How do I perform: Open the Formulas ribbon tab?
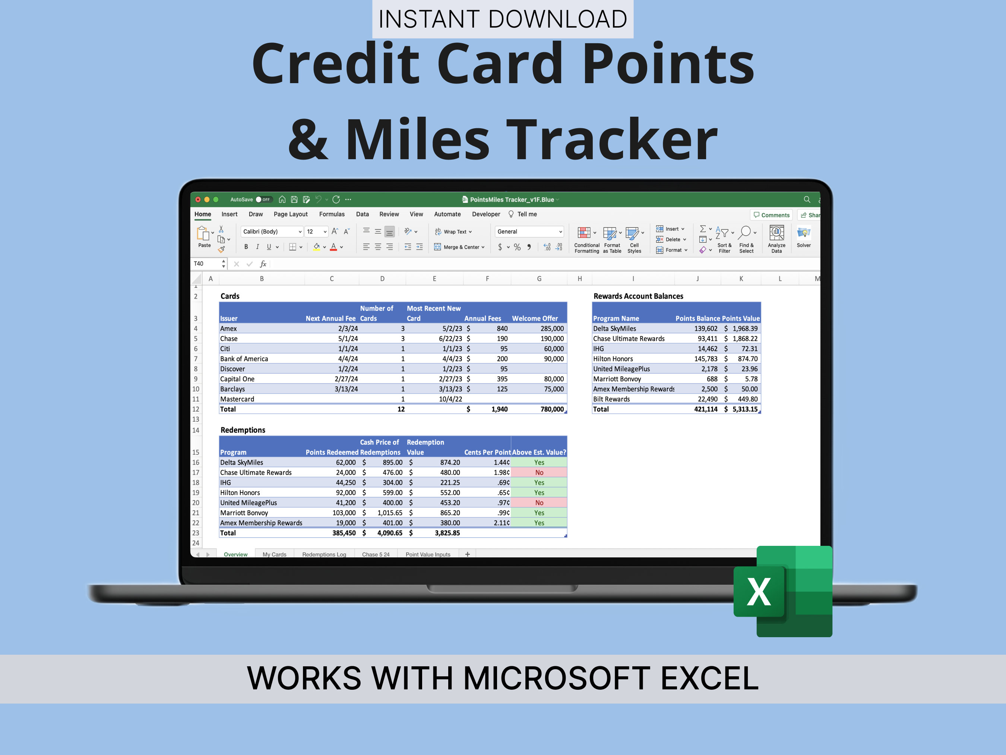pos(332,214)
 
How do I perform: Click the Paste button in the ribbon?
pos(204,237)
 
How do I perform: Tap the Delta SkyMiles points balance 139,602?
pos(705,328)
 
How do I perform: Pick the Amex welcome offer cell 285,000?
pos(552,328)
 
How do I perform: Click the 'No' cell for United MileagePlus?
pos(539,503)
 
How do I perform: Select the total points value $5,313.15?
pos(744,409)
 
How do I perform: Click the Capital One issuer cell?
pos(237,379)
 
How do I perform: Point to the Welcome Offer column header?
pos(534,318)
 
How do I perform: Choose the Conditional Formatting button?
pos(586,240)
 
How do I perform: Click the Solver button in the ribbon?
pos(803,237)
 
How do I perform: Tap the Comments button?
pos(771,215)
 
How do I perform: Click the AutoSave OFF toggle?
pos(263,199)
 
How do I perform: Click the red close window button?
pos(198,199)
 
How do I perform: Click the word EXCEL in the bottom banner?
pos(709,678)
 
